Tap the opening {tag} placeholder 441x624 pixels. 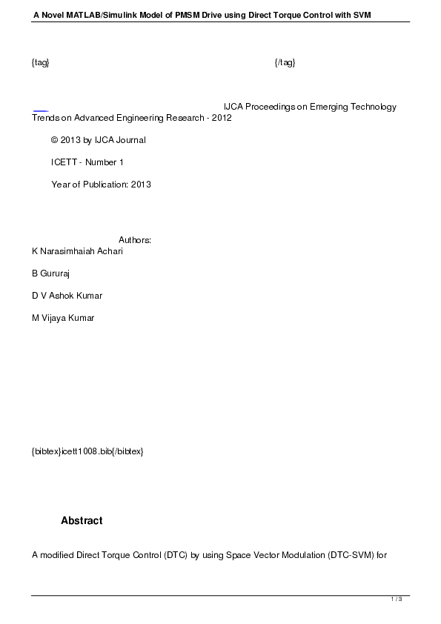point(40,62)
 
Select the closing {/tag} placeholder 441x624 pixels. point(285,62)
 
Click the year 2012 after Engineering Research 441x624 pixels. point(222,118)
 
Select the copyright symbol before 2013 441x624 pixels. point(54,140)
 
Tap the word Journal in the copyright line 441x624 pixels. point(131,140)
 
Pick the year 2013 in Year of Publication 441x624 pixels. point(141,185)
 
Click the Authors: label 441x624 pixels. point(135,240)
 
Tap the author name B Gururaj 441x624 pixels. point(50,273)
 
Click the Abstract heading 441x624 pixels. point(82,521)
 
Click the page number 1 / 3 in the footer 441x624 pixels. point(397,599)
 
